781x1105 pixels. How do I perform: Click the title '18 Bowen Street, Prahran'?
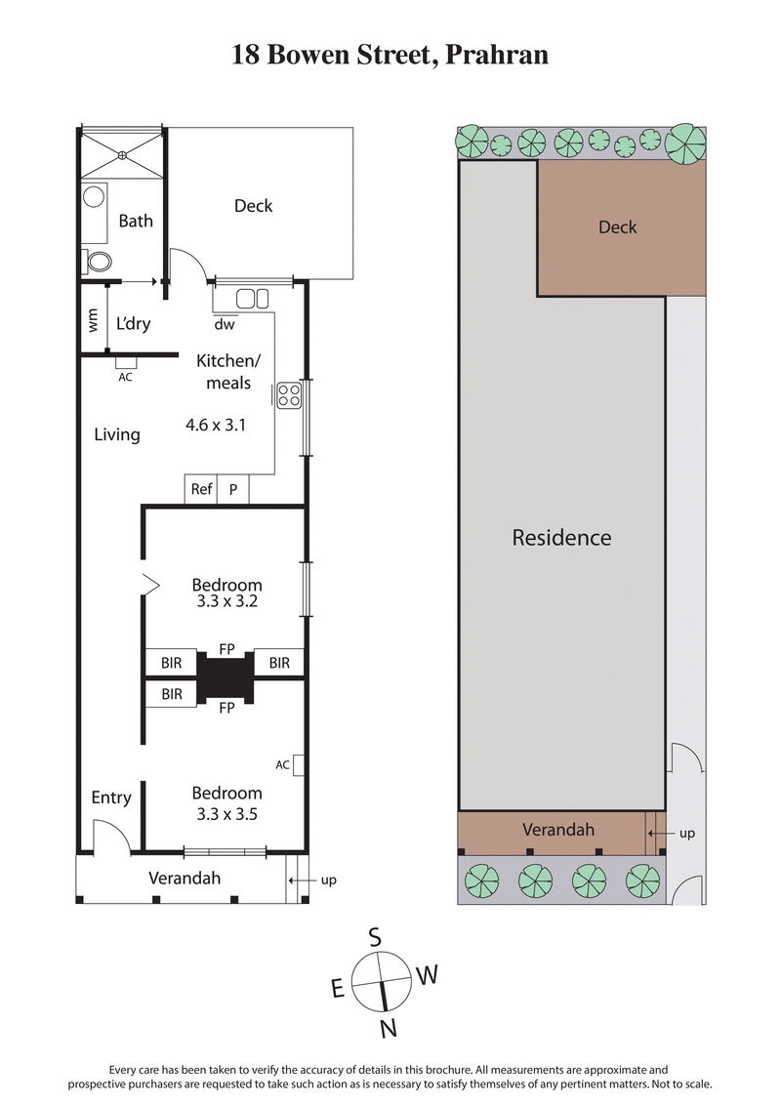click(390, 55)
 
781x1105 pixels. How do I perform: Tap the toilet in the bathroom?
click(98, 262)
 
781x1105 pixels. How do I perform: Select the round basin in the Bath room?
click(94, 196)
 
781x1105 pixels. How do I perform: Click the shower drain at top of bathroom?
click(122, 153)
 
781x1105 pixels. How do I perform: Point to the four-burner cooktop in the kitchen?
click(289, 395)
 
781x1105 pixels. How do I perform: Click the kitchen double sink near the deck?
click(253, 299)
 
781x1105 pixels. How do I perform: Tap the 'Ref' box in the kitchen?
click(201, 490)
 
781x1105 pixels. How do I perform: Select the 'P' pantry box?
click(233, 490)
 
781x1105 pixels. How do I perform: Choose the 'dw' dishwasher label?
click(225, 325)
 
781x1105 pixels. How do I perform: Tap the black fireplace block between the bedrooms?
click(226, 674)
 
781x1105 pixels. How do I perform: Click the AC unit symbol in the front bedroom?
click(301, 764)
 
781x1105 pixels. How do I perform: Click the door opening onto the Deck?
click(187, 266)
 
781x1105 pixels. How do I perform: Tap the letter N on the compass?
click(388, 1027)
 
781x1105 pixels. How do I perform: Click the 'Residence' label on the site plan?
click(561, 538)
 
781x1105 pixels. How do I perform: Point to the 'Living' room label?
click(117, 434)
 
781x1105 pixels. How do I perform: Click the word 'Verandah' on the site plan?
click(558, 830)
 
